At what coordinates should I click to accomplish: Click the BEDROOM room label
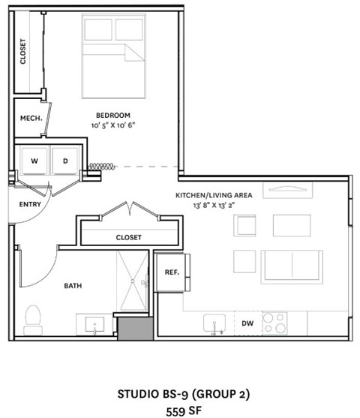pyautogui.click(x=113, y=115)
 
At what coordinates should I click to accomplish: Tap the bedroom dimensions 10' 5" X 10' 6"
pyautogui.click(x=113, y=125)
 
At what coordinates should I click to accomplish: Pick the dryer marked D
pyautogui.click(x=64, y=161)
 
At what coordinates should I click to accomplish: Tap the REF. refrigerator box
pyautogui.click(x=172, y=273)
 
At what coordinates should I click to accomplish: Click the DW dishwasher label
pyautogui.click(x=247, y=323)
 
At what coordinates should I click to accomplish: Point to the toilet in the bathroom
pyautogui.click(x=33, y=319)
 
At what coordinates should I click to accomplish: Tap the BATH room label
pyautogui.click(x=73, y=285)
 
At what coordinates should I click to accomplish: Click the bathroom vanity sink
pyautogui.click(x=95, y=325)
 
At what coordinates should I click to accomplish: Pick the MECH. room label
pyautogui.click(x=29, y=118)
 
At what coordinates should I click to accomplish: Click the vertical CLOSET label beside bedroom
pyautogui.click(x=23, y=52)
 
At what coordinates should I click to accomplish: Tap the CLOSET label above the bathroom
pyautogui.click(x=128, y=237)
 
